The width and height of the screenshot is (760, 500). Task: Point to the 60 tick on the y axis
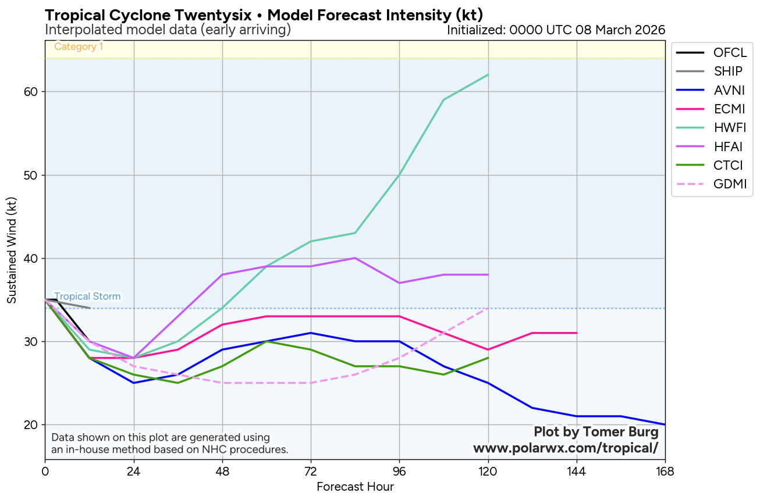point(31,92)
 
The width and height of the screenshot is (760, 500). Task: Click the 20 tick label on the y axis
point(31,425)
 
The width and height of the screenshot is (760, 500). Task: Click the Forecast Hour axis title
point(355,487)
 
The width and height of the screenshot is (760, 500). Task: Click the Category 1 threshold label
point(79,47)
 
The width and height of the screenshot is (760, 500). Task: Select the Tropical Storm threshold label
point(87,297)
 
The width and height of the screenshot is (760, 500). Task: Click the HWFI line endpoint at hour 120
point(488,75)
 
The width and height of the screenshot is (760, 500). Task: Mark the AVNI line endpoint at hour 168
point(665,424)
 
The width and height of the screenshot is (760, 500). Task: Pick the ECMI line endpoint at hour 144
point(576,333)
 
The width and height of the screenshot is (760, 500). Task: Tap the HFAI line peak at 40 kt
point(355,258)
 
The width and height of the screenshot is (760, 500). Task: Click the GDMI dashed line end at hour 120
point(488,308)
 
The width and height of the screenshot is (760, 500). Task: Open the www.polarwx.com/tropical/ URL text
point(566,448)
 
